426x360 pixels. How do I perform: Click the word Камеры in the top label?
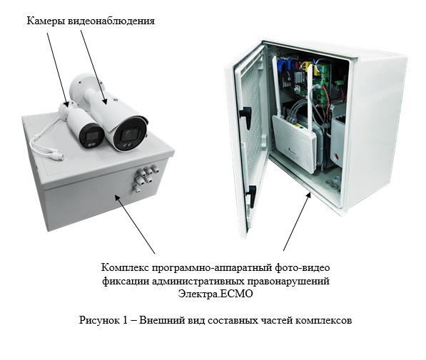tap(46, 21)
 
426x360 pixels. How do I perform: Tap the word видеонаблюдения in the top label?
tap(111, 21)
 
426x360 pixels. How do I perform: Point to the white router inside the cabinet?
tap(294, 141)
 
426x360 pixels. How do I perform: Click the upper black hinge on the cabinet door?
tap(245, 116)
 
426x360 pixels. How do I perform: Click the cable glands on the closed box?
tap(145, 177)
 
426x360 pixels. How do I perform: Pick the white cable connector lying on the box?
tap(56, 156)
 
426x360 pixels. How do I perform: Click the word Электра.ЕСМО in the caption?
tap(215, 294)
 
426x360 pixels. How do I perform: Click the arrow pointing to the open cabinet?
tap(297, 221)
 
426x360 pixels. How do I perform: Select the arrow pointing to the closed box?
tap(135, 225)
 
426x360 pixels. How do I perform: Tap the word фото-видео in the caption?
tap(303, 268)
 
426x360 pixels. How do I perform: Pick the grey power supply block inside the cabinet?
tap(338, 135)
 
